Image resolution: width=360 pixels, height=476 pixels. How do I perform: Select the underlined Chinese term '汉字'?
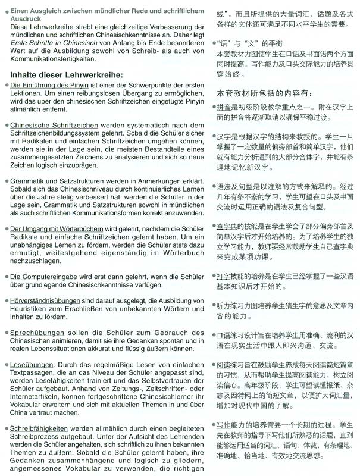click(x=224, y=136)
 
